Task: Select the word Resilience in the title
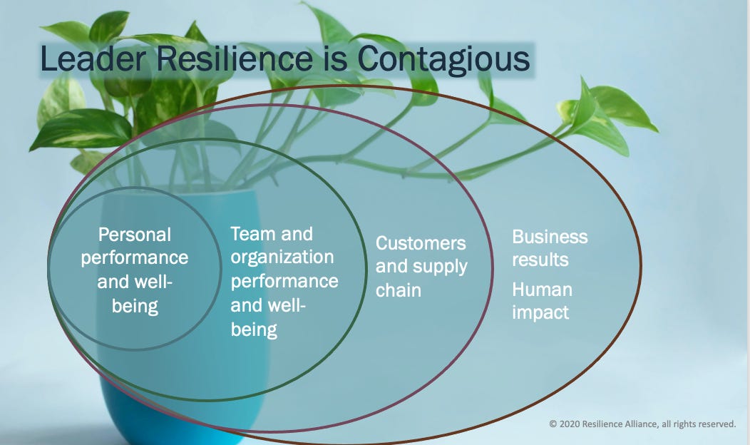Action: pos(238,59)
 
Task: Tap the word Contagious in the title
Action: pos(443,59)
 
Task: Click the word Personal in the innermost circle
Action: pos(135,234)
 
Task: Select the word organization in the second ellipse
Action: pos(282,257)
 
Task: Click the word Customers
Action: pos(421,243)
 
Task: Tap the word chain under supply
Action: pos(399,290)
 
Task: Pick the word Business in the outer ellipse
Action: pos(550,237)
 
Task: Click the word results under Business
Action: pos(540,260)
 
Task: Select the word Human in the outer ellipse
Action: pos(542,290)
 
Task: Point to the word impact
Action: pos(540,312)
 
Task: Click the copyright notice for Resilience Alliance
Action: pos(642,424)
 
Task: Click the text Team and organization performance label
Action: pos(283,281)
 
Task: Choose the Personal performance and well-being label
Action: pos(135,270)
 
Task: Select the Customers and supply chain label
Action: pos(421,267)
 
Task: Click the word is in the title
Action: pos(338,59)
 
